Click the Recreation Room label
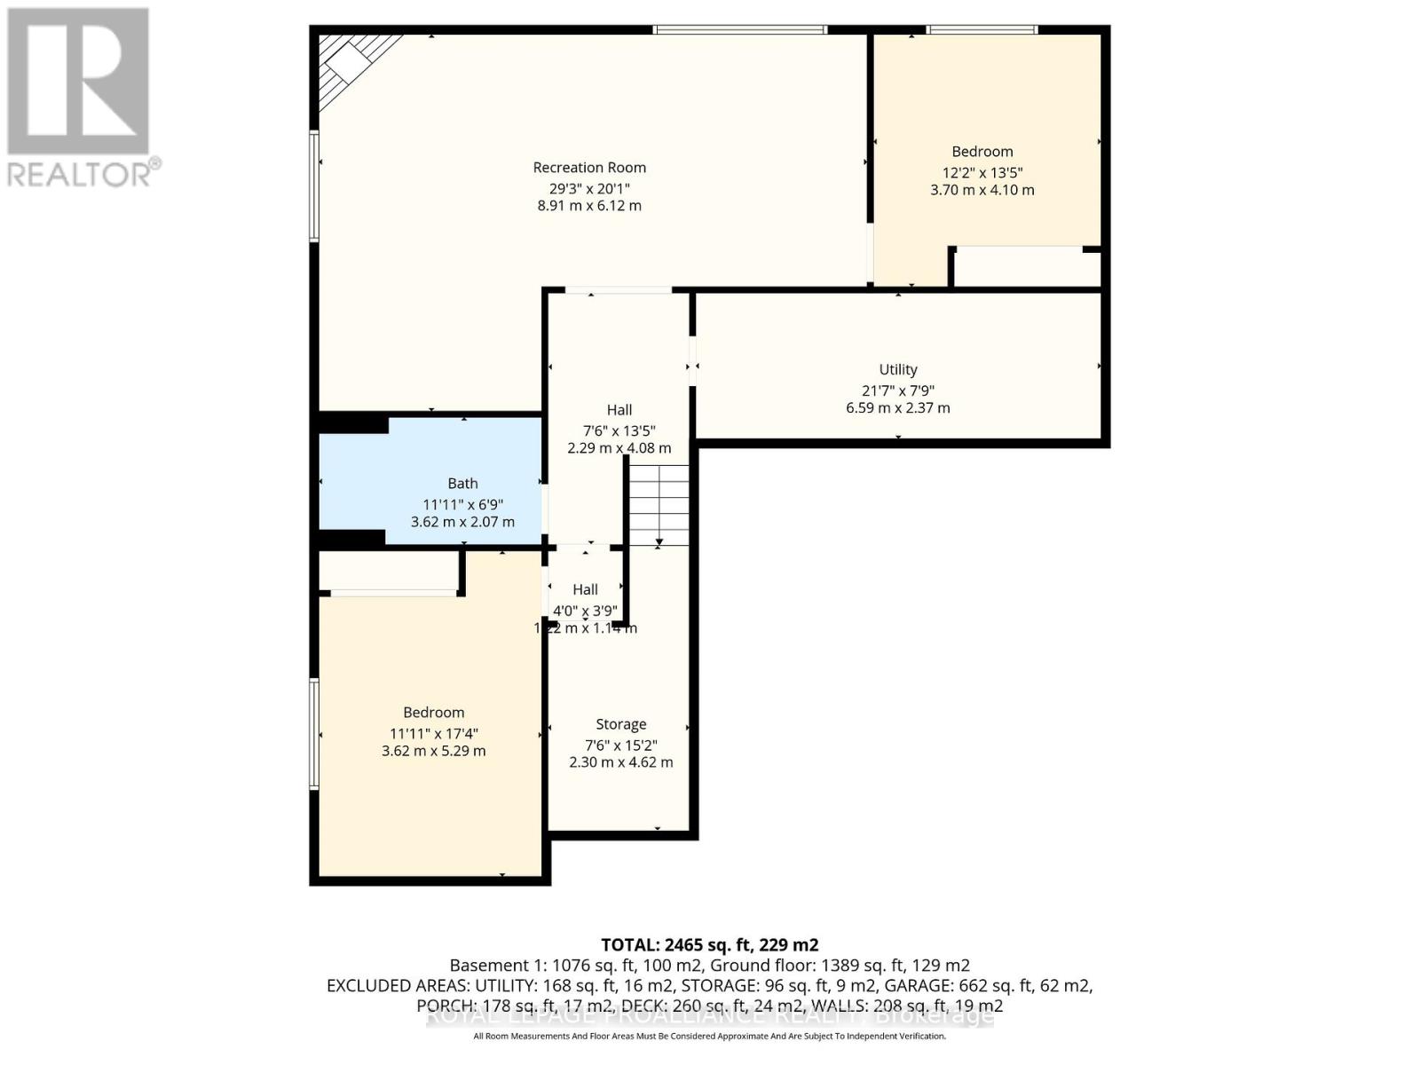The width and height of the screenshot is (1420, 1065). tap(589, 168)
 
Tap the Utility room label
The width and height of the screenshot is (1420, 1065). tap(897, 370)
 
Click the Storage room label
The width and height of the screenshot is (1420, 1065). tap(620, 725)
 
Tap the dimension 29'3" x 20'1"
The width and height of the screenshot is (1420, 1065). tap(589, 188)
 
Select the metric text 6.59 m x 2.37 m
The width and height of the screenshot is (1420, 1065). tap(897, 408)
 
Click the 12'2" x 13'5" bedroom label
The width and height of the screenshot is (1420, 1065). tap(982, 152)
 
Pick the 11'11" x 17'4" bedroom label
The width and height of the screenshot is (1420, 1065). tap(433, 713)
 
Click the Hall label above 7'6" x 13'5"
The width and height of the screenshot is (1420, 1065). tap(619, 410)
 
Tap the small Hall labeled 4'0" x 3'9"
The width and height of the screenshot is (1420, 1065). tap(585, 590)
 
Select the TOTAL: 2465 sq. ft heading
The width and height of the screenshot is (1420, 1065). tap(709, 944)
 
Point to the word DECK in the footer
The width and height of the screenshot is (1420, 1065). tap(643, 1006)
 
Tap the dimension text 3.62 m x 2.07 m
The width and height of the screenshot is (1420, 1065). tap(462, 522)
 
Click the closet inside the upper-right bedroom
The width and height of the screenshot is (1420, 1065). tap(1026, 267)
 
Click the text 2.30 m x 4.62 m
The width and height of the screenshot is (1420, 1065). tap(620, 762)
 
